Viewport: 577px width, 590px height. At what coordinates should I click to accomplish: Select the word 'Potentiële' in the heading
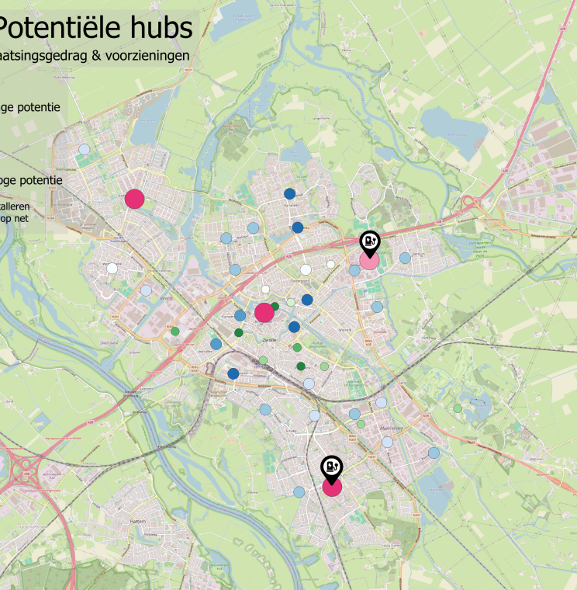click(x=58, y=28)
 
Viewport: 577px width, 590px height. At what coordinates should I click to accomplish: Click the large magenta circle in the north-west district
click(x=134, y=199)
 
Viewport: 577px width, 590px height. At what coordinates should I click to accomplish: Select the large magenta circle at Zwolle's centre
click(x=264, y=313)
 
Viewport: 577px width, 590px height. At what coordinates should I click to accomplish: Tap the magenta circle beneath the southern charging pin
click(x=332, y=487)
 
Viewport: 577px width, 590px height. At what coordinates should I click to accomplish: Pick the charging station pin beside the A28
click(x=370, y=242)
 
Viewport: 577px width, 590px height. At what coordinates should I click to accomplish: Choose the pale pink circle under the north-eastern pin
click(x=369, y=261)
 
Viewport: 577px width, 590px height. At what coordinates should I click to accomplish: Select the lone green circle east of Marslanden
click(x=458, y=408)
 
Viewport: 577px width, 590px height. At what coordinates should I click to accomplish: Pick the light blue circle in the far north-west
click(x=85, y=149)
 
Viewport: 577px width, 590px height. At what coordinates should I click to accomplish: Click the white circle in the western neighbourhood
click(x=112, y=269)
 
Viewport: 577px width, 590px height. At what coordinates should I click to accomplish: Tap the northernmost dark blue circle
click(x=289, y=193)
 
